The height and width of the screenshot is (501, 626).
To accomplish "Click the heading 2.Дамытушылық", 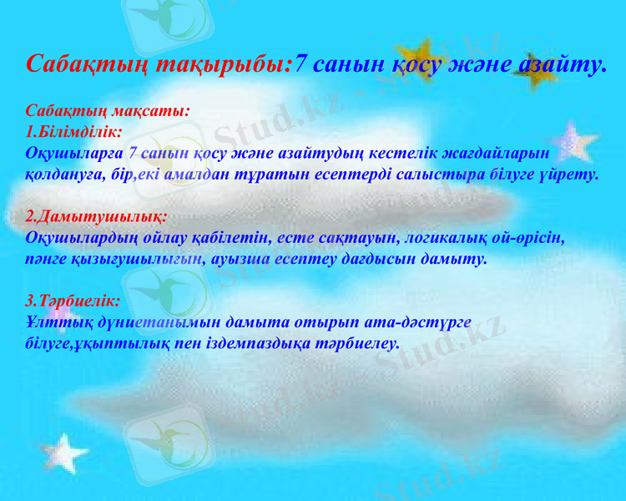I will pyautogui.click(x=96, y=216).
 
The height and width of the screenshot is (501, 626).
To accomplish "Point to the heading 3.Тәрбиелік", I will pyautogui.click(x=73, y=300).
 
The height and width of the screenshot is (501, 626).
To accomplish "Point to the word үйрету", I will pyautogui.click(x=573, y=175).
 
